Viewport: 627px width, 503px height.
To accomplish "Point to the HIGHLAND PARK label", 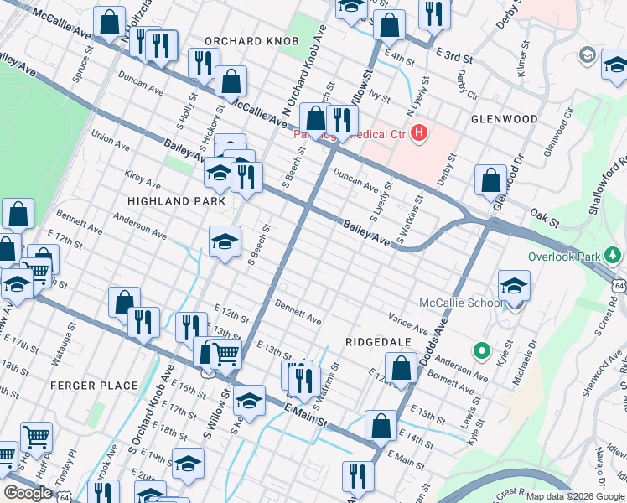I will [177, 201].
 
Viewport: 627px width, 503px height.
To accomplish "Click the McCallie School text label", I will [457, 303].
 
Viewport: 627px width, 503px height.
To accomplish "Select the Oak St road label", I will [544, 218].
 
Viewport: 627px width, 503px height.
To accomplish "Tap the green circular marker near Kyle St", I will [481, 350].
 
